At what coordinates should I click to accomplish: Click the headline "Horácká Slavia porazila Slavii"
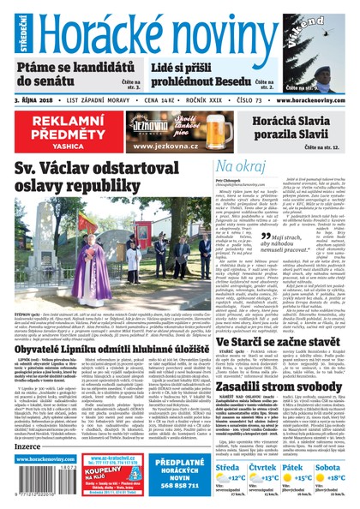click(x=285, y=128)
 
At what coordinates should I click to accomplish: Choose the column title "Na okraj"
click(x=213, y=167)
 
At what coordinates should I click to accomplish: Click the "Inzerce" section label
click(x=28, y=446)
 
